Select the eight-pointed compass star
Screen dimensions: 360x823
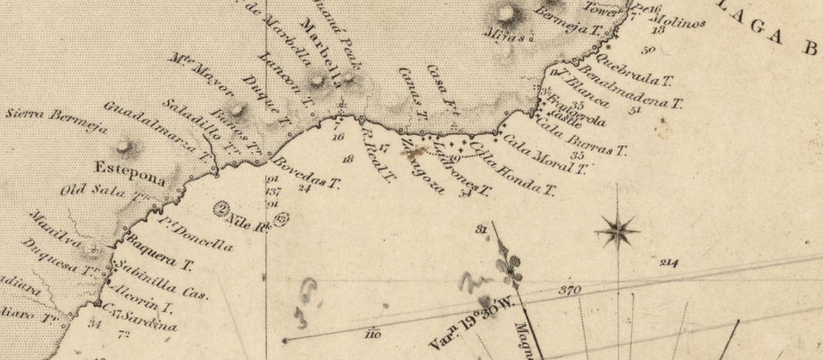point(616,231)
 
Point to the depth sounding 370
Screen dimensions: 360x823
point(569,290)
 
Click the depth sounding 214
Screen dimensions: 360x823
point(669,263)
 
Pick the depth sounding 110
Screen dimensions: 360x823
point(371,334)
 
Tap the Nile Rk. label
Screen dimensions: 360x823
point(247,218)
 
